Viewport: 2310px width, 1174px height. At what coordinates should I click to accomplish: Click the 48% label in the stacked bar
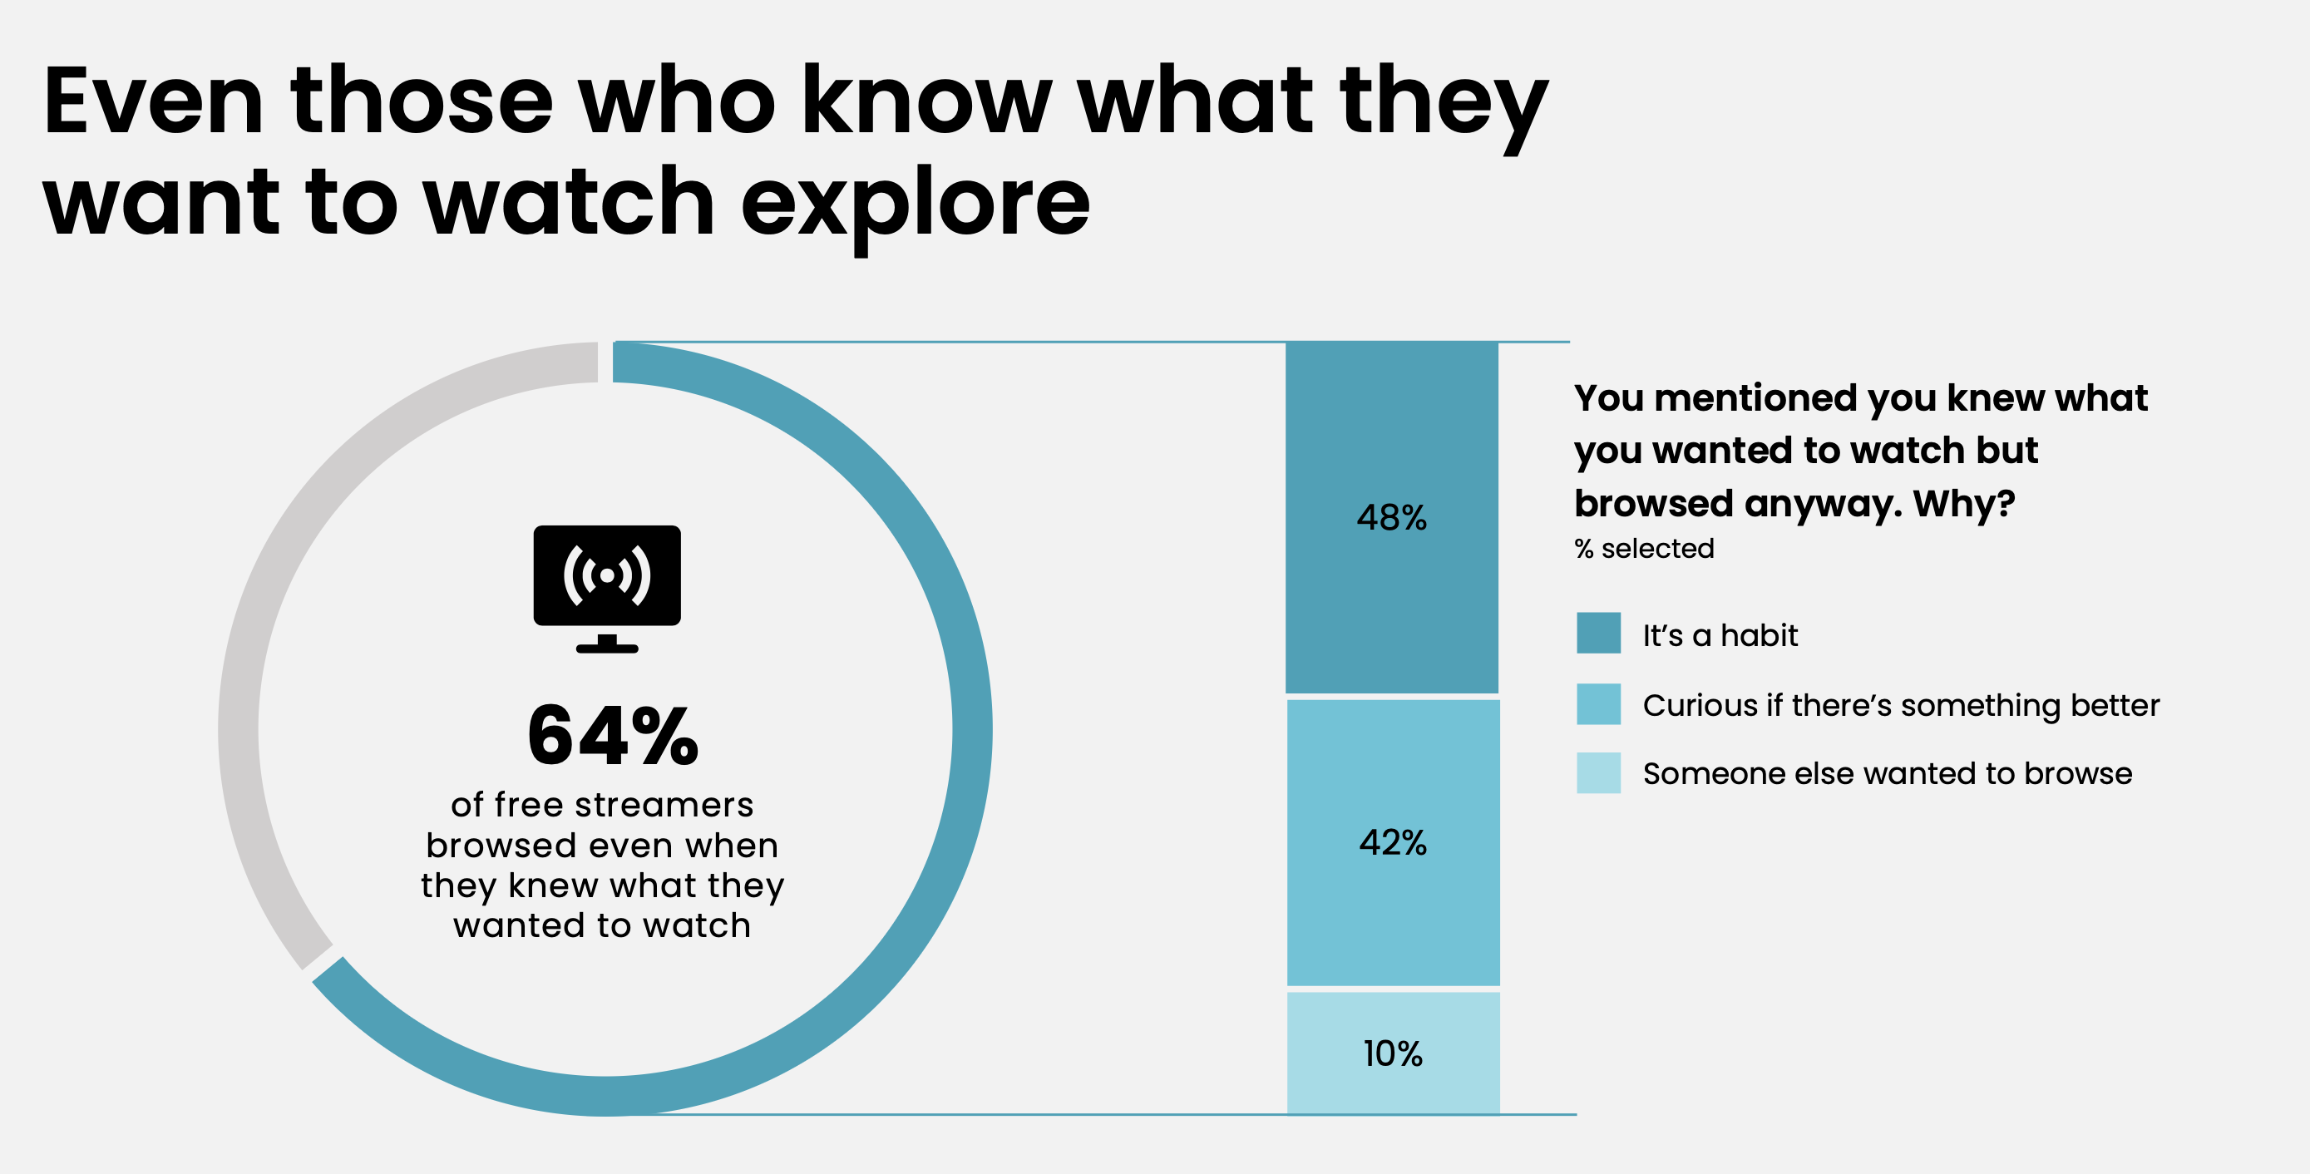point(1391,517)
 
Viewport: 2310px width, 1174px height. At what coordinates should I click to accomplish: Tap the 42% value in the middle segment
point(1393,842)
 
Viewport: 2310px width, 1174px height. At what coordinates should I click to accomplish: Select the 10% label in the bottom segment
point(1393,1053)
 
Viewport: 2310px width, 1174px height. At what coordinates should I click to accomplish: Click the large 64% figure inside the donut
point(613,737)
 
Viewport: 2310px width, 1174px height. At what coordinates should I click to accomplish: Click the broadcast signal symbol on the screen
point(607,575)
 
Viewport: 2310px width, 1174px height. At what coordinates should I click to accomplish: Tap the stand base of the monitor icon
point(607,648)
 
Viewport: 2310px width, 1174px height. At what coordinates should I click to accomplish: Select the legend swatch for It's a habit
point(1598,634)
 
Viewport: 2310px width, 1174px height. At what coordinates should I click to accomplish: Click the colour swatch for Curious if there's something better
point(1598,704)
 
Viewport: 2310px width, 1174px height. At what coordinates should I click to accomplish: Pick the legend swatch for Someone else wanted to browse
point(1598,773)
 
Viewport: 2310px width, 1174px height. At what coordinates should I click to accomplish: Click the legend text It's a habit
point(1719,635)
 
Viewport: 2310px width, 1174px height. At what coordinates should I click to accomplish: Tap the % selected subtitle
point(1644,548)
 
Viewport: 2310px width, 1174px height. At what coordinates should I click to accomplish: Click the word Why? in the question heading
point(1964,503)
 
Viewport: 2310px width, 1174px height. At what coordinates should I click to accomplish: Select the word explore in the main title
point(915,205)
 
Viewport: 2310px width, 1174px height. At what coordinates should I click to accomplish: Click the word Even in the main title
point(152,101)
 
